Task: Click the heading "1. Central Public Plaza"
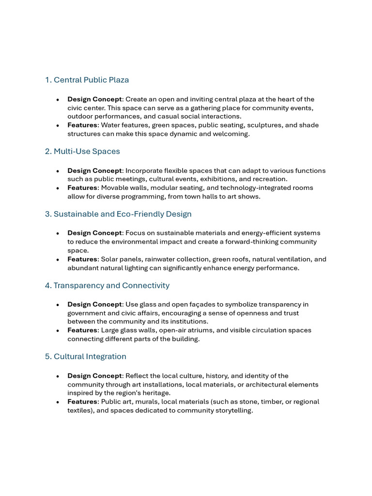point(87,80)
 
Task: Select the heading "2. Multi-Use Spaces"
point(82,152)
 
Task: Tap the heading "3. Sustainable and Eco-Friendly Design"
point(118,214)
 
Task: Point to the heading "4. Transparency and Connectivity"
point(107,286)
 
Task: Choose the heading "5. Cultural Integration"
point(85,356)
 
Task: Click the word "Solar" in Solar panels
point(110,260)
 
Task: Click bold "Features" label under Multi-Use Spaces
point(82,188)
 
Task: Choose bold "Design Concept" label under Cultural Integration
point(94,376)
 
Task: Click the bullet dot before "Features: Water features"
point(58,126)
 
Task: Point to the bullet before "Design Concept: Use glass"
point(58,305)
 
